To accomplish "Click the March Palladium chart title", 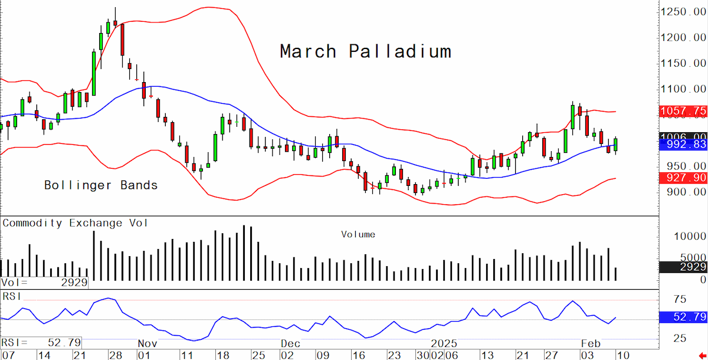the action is pos(366,51).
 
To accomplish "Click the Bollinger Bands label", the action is pos(101,185).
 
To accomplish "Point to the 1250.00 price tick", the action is pos(683,12).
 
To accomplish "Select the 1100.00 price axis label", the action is pos(683,89).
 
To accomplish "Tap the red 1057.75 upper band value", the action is pos(683,112).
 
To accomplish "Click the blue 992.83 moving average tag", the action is pos(683,145).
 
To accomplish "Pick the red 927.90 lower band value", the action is pos(683,178).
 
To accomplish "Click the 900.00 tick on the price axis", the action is pos(686,192).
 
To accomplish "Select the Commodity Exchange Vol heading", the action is pos(75,223).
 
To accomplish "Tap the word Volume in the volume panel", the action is pos(358,234).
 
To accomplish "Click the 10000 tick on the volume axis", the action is pos(690,236).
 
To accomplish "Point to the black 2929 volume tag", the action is pos(683,267).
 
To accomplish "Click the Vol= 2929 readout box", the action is pos(44,283).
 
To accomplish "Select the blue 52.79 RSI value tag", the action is pos(683,317).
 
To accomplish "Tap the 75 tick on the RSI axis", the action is pos(680,299).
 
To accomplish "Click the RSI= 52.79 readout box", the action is pos(41,343).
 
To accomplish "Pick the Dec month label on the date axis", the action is pos(290,343).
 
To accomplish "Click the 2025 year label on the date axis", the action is pos(444,343).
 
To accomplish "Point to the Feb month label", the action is pos(591,343).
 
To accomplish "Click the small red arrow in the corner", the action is pos(702,356).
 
